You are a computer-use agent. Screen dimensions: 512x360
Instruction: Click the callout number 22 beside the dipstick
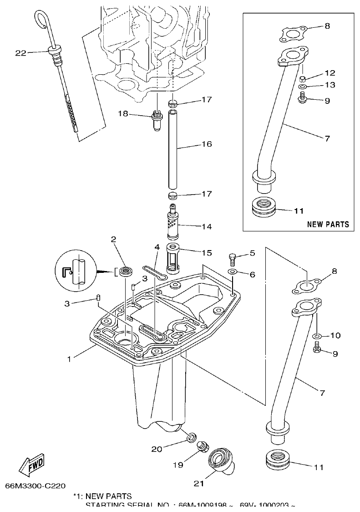click(x=20, y=53)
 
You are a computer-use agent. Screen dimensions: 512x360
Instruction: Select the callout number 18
click(x=123, y=114)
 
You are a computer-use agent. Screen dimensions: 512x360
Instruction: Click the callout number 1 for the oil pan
click(x=69, y=359)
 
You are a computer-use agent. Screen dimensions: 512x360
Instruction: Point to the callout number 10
click(x=335, y=336)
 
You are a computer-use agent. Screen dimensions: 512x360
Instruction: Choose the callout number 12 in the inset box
click(x=330, y=73)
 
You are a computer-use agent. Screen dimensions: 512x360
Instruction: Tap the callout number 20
click(x=156, y=449)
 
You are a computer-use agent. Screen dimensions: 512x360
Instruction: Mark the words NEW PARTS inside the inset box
click(x=328, y=224)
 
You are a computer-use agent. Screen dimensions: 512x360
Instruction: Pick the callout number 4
click(x=157, y=247)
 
